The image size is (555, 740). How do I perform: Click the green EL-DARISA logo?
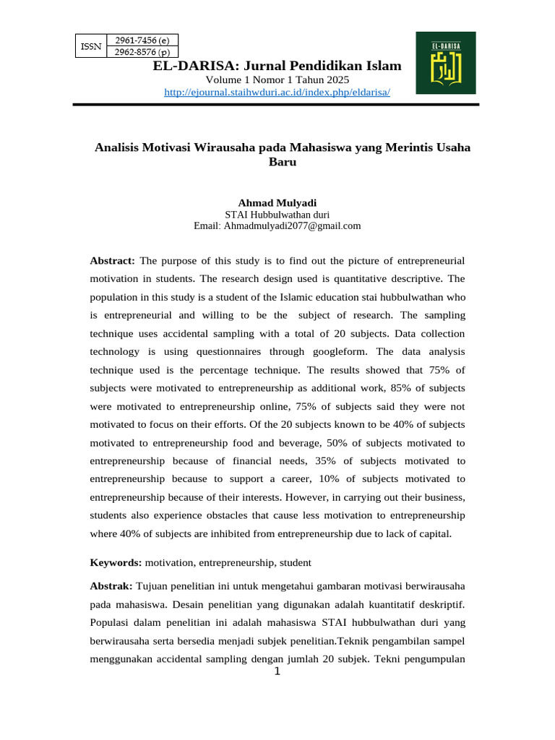(445, 63)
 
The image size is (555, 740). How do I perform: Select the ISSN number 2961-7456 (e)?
(142, 40)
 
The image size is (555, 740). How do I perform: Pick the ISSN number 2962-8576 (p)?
(142, 51)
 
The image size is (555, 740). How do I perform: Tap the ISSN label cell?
(90, 46)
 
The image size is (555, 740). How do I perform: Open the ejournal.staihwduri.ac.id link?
(277, 92)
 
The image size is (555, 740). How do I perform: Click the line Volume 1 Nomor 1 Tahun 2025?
(277, 79)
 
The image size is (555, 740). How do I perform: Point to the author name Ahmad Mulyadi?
(267, 202)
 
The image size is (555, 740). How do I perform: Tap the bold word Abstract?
(112, 260)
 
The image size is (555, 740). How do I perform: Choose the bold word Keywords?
(116, 562)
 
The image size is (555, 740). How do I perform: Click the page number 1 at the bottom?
(276, 673)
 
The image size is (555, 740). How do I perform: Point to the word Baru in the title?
(283, 163)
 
